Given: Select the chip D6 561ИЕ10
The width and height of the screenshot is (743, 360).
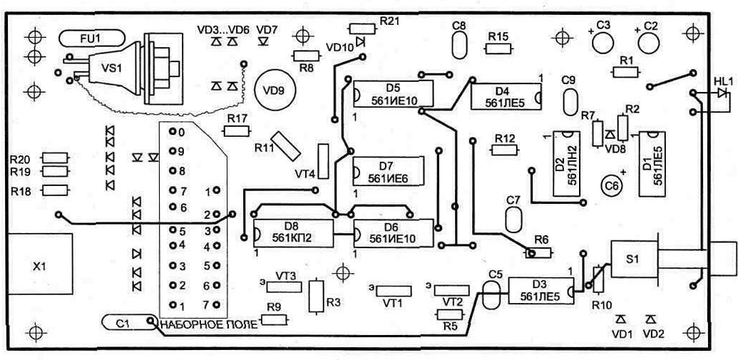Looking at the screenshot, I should (x=394, y=233).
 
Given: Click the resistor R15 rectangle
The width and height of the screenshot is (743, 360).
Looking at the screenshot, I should (x=498, y=49).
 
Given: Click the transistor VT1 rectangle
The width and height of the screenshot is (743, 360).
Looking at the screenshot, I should (x=392, y=290).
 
